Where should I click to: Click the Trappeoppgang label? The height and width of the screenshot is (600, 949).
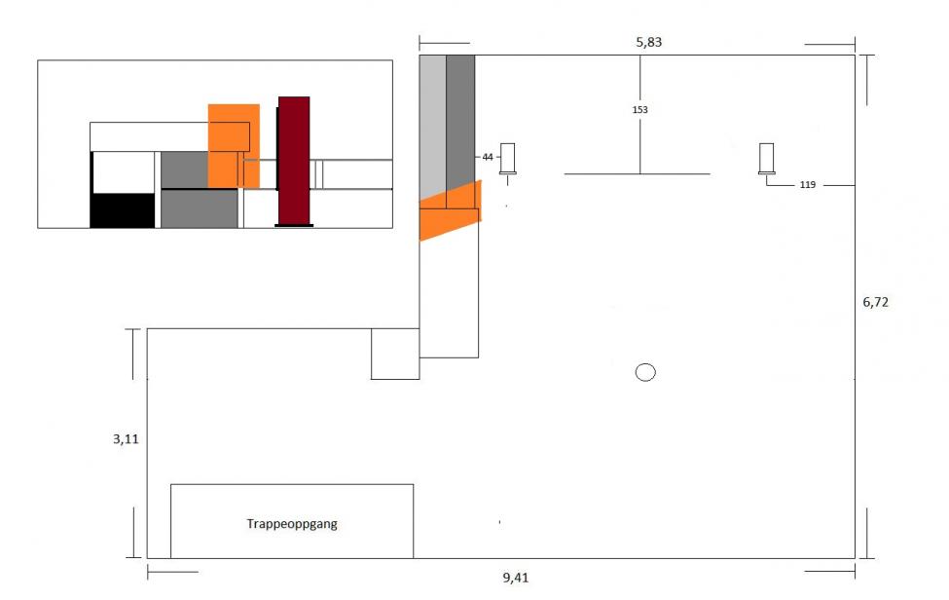[291, 524]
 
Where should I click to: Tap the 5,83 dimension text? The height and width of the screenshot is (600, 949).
[648, 43]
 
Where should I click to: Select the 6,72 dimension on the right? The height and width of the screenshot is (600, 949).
[875, 302]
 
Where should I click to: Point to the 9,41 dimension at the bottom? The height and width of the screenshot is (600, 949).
[516, 578]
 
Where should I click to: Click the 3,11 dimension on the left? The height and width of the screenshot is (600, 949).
[127, 439]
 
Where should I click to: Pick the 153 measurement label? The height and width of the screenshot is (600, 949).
[639, 110]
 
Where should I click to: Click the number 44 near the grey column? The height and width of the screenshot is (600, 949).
[488, 156]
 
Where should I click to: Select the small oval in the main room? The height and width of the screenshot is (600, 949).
[645, 372]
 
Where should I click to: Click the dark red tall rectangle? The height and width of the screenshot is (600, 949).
[294, 161]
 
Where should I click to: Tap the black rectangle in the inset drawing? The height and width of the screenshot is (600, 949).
[123, 210]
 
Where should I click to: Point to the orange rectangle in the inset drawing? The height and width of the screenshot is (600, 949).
[234, 146]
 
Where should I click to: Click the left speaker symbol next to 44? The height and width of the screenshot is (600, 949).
[508, 159]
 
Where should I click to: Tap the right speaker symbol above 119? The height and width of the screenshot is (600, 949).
[767, 159]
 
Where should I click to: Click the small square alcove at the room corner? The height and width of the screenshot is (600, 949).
[395, 354]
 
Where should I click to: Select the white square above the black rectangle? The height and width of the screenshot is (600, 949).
[124, 172]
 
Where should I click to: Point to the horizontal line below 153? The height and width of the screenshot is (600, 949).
[638, 174]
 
